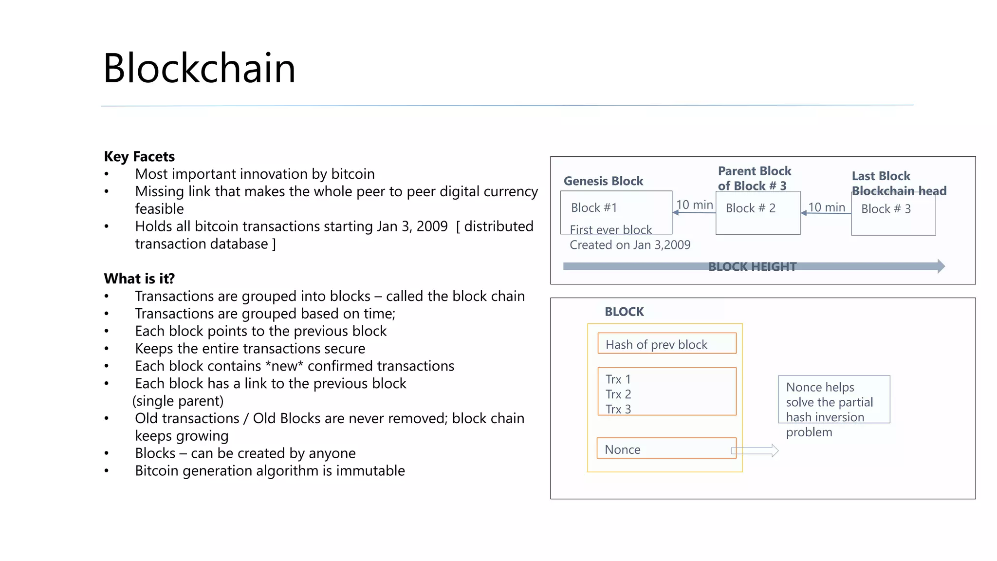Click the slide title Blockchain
[199, 68]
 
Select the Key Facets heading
[139, 156]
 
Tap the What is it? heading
[139, 279]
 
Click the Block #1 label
[594, 208]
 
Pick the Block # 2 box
[757, 213]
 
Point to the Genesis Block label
[603, 181]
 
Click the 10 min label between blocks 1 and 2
[694, 205]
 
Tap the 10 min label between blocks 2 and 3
[827, 207]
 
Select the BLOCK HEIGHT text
[752, 267]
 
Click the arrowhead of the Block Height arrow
[941, 266]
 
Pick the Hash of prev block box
[666, 344]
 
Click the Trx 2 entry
[618, 394]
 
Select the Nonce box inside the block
[666, 449]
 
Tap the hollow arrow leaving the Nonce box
[756, 451]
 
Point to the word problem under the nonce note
[809, 432]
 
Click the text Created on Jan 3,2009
[630, 245]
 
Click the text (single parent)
[178, 401]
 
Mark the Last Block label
[881, 176]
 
